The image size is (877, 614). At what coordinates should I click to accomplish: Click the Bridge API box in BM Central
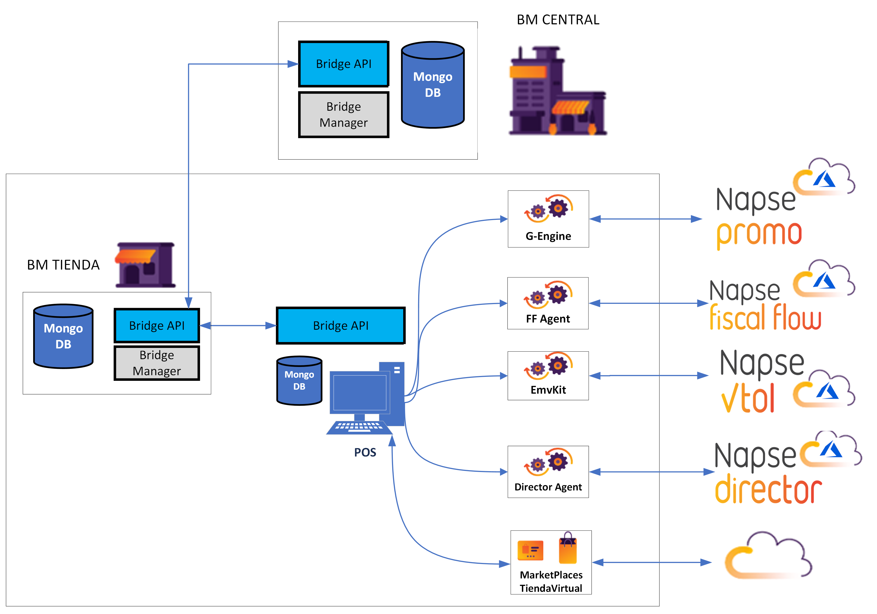click(x=343, y=64)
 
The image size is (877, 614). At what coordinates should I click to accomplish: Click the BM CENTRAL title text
click(x=558, y=20)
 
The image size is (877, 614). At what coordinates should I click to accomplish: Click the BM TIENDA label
click(x=63, y=265)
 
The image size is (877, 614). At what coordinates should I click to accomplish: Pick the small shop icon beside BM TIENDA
click(x=145, y=265)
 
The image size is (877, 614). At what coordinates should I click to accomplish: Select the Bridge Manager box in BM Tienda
click(x=157, y=363)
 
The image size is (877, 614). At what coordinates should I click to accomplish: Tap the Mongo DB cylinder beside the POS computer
click(x=299, y=381)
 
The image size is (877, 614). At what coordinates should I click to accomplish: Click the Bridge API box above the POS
click(x=340, y=325)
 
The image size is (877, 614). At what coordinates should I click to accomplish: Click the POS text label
click(x=365, y=452)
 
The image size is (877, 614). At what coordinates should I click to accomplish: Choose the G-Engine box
click(x=548, y=219)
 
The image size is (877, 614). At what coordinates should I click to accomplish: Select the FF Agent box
click(x=548, y=303)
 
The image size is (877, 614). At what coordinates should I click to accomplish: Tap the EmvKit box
click(x=548, y=375)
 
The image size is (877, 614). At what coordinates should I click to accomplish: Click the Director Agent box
click(x=548, y=472)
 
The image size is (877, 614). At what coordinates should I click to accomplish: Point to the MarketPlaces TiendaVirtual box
click(x=551, y=562)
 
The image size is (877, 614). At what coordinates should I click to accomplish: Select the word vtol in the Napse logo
click(x=748, y=398)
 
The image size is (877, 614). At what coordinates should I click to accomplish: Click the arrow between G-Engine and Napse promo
click(x=645, y=219)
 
